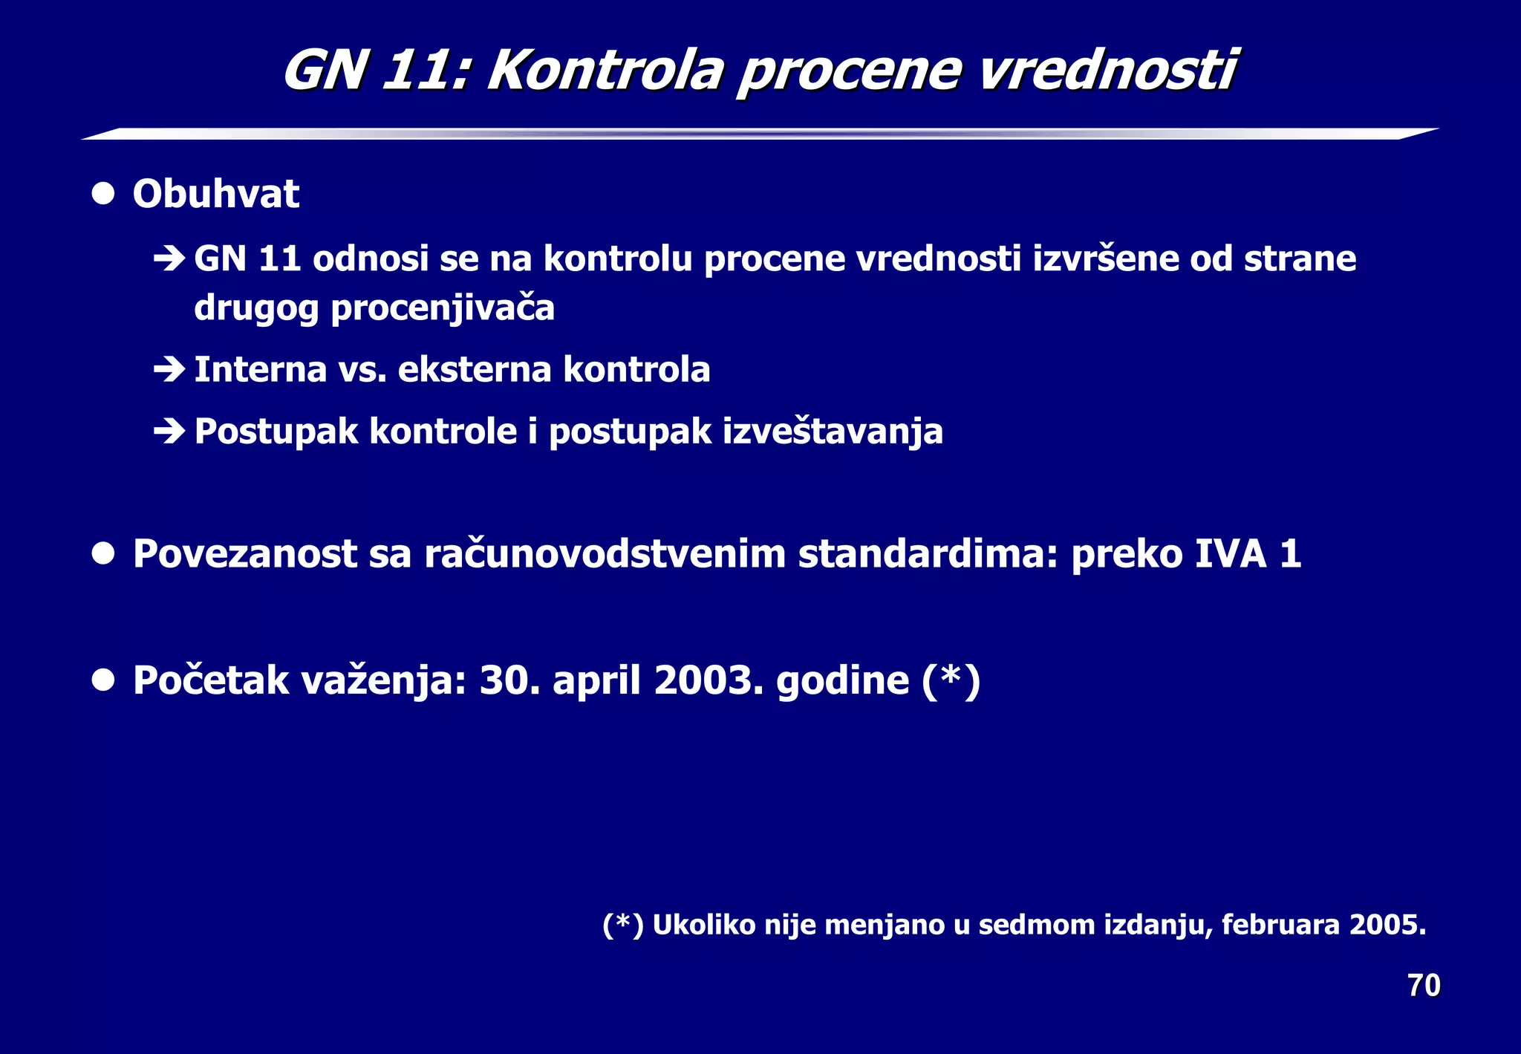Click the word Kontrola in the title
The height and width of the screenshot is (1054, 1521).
pyautogui.click(x=605, y=71)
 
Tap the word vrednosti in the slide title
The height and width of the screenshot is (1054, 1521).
pyautogui.click(x=1107, y=71)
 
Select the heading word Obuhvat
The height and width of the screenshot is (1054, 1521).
pyautogui.click(x=215, y=195)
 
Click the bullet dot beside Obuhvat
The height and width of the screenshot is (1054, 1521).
pyautogui.click(x=103, y=194)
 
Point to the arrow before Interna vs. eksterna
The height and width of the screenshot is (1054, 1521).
pyautogui.click(x=169, y=369)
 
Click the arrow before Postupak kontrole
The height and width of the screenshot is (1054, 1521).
pyautogui.click(x=169, y=431)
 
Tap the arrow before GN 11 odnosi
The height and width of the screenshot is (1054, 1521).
pyautogui.click(x=169, y=258)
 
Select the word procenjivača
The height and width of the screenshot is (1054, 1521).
pyautogui.click(x=443, y=308)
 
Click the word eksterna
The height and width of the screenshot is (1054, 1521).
pyautogui.click(x=474, y=369)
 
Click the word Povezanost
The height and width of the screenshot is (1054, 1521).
pyautogui.click(x=245, y=554)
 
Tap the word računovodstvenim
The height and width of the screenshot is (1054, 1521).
pyautogui.click(x=605, y=554)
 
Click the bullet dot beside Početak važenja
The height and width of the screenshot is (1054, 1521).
pyautogui.click(x=103, y=680)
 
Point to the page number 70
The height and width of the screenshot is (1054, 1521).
pyautogui.click(x=1424, y=986)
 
